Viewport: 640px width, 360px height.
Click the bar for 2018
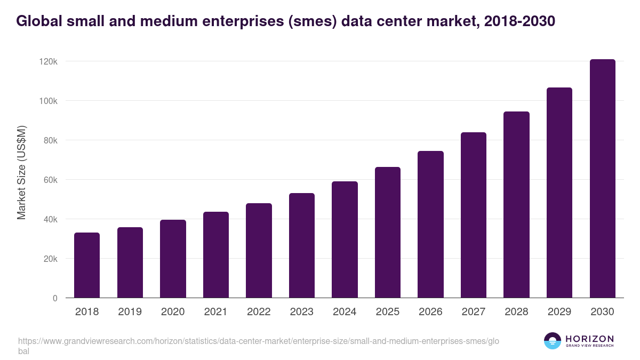click(87, 265)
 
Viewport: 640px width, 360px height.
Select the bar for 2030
click(602, 179)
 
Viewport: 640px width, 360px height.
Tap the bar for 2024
click(345, 239)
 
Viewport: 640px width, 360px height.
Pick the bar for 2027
click(474, 215)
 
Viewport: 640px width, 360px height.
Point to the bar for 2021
click(216, 255)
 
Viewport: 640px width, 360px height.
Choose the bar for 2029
click(559, 193)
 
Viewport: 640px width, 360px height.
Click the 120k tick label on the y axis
click(48, 61)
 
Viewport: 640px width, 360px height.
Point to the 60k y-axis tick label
click(50, 180)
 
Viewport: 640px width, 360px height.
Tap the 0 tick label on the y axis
click(55, 298)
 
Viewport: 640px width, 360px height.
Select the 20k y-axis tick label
click(50, 259)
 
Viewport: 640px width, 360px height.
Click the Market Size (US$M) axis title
click(21, 172)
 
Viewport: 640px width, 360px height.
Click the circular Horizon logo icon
click(553, 341)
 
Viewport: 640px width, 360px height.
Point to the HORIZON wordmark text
click(589, 339)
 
